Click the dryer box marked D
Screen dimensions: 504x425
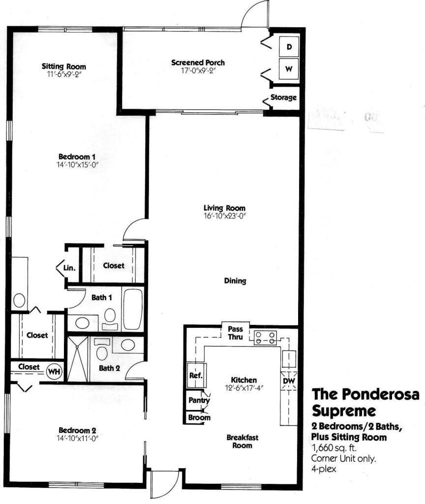tap(289, 47)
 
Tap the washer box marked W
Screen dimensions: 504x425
tap(289, 69)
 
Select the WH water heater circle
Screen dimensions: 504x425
tap(53, 372)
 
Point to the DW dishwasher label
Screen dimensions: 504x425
tap(288, 380)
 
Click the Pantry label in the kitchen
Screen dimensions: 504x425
tap(199, 401)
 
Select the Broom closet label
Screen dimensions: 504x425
tap(199, 418)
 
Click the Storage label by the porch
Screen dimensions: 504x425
tap(284, 97)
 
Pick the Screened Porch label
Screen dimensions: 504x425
tap(198, 63)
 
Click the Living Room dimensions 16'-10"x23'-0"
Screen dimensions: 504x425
tap(224, 215)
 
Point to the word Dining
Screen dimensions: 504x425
tap(235, 282)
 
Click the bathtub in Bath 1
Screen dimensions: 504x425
tap(132, 309)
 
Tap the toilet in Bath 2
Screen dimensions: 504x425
tap(102, 353)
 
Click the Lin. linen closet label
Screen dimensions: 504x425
tap(69, 268)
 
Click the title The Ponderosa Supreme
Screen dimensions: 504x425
tap(366, 402)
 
